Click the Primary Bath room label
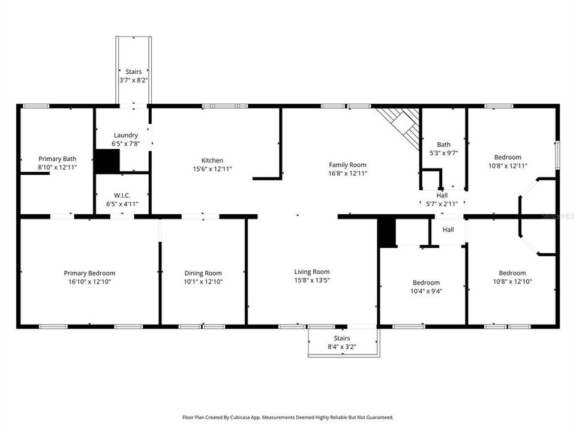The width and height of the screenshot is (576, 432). [58, 159]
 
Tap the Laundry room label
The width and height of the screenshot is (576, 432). [126, 136]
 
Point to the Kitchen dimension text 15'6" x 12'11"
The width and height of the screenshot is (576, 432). [212, 169]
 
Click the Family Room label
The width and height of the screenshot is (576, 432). [347, 165]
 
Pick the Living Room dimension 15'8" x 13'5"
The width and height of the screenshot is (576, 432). [311, 280]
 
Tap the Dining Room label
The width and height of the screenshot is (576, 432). [203, 273]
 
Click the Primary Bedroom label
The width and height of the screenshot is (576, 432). [89, 273]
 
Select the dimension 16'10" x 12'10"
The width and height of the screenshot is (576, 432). [89, 281]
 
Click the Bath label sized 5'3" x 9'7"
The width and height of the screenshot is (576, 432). [443, 145]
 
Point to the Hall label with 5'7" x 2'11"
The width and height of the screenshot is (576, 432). [442, 196]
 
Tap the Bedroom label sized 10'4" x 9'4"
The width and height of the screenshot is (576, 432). [426, 283]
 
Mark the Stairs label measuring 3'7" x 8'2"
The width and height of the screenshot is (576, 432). [133, 71]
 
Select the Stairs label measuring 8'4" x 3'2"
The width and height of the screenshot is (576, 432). [343, 338]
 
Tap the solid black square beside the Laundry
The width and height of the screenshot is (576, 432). [107, 161]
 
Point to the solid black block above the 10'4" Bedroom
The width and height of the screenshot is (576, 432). [387, 232]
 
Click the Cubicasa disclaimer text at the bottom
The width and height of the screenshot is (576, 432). [288, 417]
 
